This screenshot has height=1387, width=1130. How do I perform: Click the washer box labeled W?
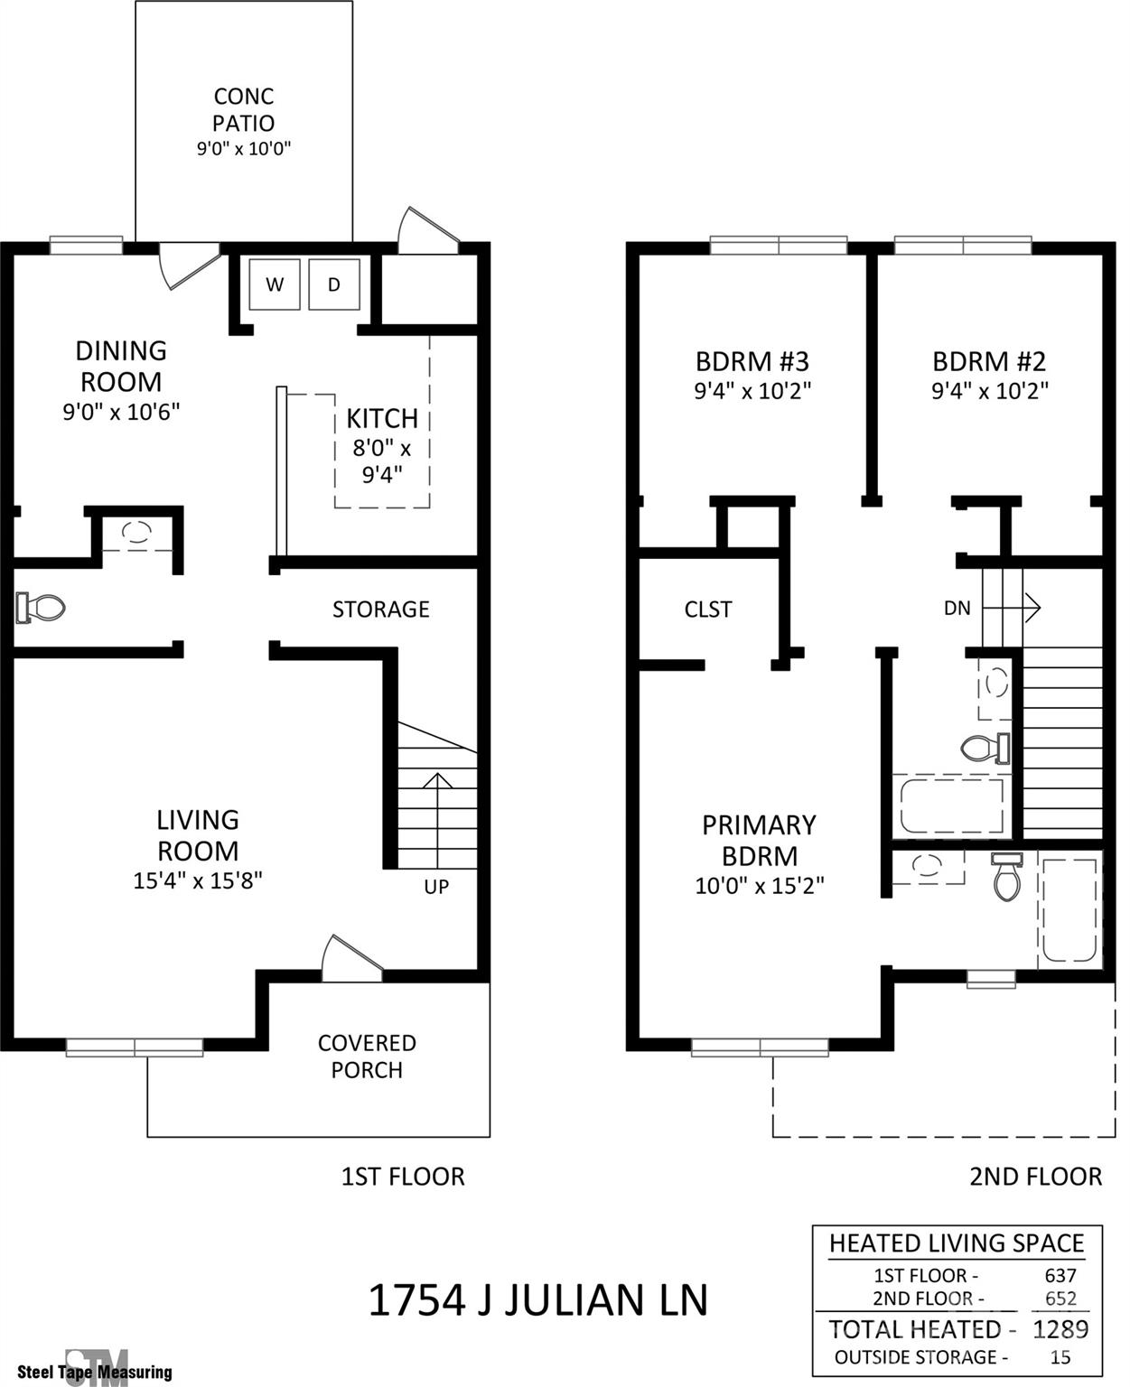[275, 284]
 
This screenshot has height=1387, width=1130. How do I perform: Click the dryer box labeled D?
[334, 284]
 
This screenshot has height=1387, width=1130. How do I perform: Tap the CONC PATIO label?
[244, 109]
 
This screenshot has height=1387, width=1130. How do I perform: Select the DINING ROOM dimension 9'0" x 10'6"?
[121, 412]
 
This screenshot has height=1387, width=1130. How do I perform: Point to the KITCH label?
[382, 418]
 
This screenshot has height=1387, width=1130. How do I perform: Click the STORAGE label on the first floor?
[380, 610]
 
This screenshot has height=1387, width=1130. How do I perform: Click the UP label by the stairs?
[436, 887]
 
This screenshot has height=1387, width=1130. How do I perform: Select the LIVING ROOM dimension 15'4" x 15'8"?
[198, 880]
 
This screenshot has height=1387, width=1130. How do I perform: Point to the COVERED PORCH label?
[367, 1057]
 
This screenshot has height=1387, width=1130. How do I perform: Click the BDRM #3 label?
[752, 361]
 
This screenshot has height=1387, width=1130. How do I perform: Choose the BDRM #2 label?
[989, 361]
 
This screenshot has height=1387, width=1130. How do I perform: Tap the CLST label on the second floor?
[707, 610]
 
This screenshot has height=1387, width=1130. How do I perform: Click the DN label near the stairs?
[957, 608]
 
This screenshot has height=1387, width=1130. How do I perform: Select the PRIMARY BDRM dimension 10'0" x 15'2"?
[759, 886]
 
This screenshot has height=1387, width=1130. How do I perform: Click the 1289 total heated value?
[1060, 1329]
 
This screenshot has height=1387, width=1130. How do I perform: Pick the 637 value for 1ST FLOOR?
[1060, 1275]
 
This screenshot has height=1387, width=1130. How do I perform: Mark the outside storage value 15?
[1060, 1357]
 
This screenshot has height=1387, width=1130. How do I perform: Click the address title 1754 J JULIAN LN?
[538, 1300]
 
